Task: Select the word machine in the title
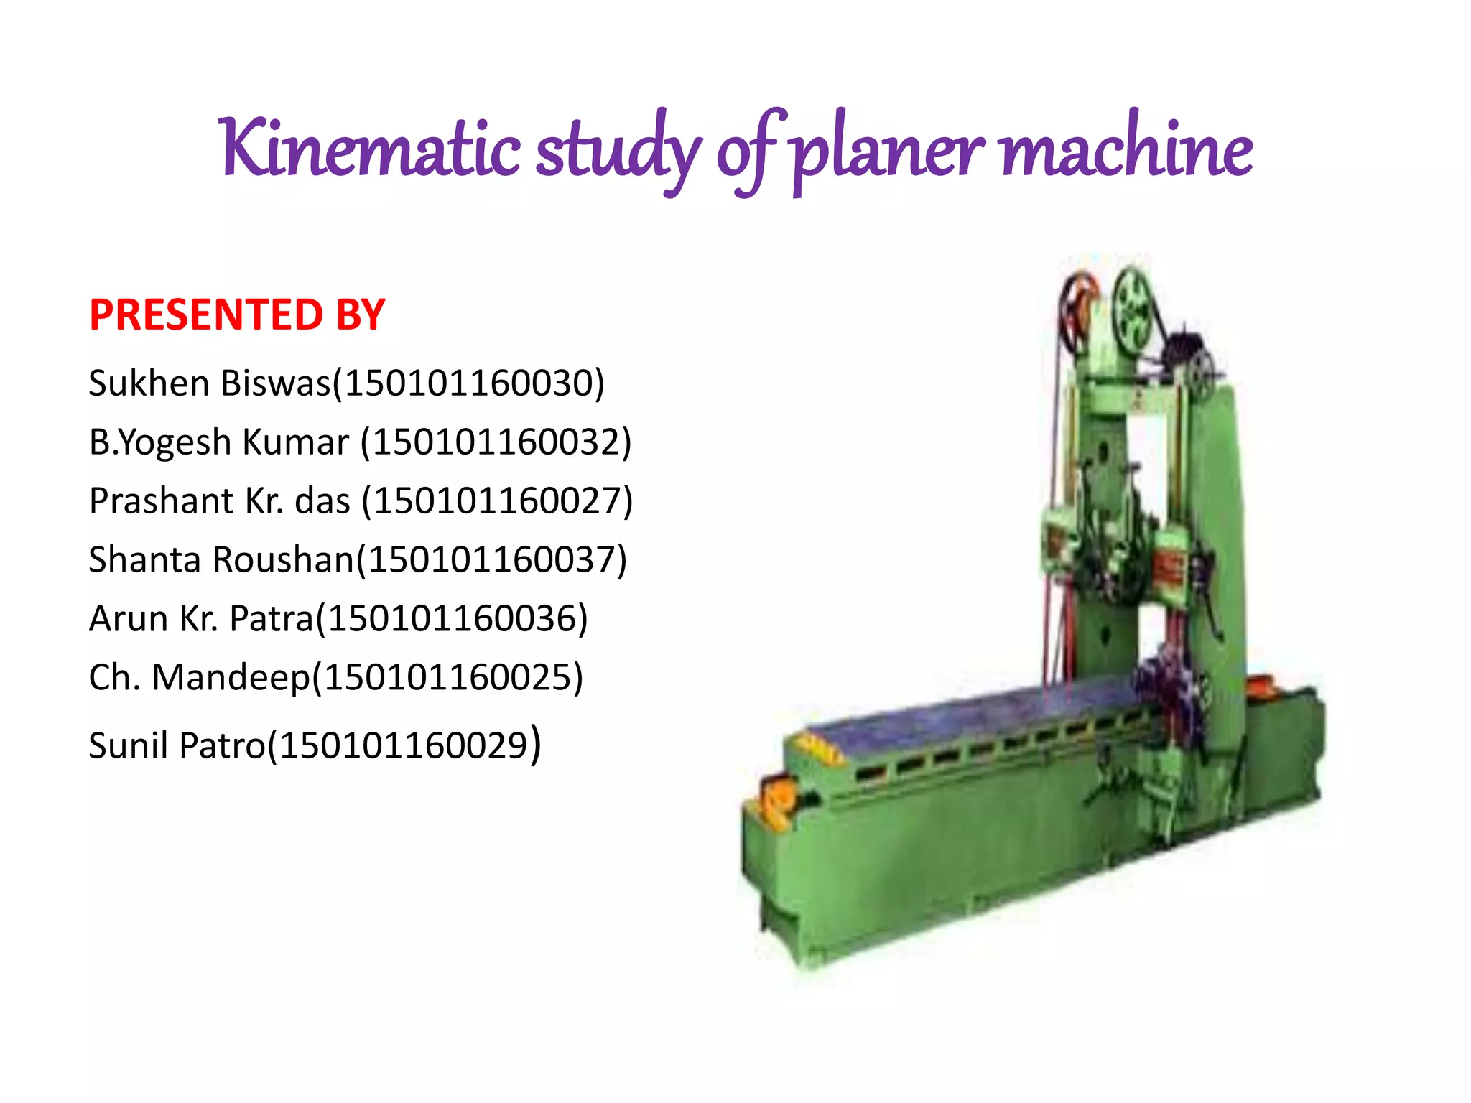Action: pyautogui.click(x=1127, y=148)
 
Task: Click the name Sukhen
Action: pyautogui.click(x=150, y=383)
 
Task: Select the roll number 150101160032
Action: pyautogui.click(x=496, y=442)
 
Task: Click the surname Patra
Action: pyautogui.click(x=272, y=618)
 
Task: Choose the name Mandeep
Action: pyautogui.click(x=231, y=677)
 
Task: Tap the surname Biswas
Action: pyautogui.click(x=276, y=383)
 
